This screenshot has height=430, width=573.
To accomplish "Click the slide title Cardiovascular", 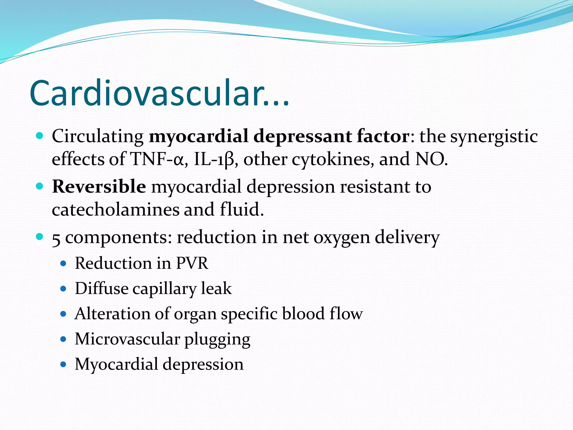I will pos(159,93).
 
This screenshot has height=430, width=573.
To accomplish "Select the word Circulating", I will pos(98,136).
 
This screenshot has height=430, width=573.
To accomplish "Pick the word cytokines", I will pos(333,159).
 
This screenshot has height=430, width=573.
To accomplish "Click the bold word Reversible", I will pos(99,186).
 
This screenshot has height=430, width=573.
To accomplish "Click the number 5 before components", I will pos(56,238).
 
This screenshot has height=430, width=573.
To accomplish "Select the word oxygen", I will pos(342,238).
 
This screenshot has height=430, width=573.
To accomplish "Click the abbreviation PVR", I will pos(192,263).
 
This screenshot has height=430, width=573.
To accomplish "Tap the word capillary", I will pos(164,289).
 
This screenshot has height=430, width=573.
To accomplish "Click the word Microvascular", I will pos(127,339).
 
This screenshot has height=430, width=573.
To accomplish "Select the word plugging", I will pos(217,340).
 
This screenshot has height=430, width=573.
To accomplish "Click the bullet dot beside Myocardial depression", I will pos(64,364).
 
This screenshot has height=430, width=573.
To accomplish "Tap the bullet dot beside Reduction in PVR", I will pos(64,264).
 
